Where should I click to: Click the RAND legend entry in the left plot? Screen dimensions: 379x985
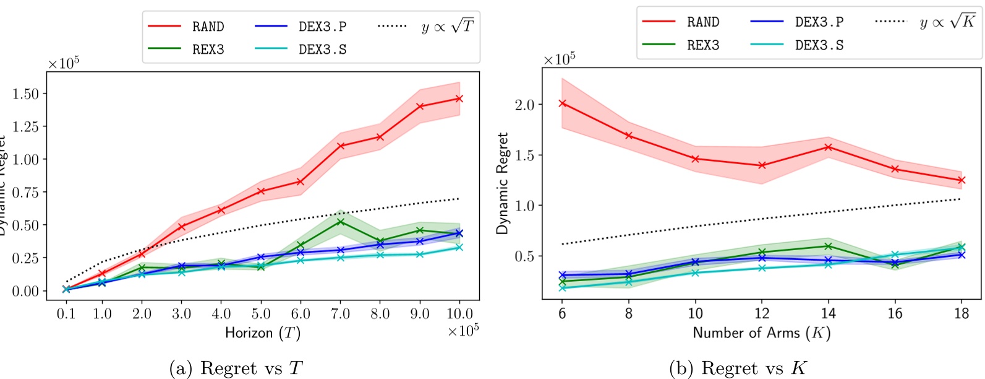[208, 27]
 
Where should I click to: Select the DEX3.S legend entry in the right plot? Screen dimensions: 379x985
[819, 45]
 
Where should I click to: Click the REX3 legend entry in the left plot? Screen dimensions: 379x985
[208, 50]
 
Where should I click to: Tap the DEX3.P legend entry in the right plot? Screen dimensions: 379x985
[819, 22]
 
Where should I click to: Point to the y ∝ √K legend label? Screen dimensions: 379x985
[947, 22]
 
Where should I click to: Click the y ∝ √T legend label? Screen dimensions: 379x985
[447, 27]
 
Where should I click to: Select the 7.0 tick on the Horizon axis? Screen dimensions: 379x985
[340, 314]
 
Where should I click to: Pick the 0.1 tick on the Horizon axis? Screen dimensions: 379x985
[66, 314]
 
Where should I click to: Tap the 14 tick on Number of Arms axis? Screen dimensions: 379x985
[828, 313]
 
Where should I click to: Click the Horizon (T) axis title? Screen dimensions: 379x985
[263, 333]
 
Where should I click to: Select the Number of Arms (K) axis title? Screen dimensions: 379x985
[761, 333]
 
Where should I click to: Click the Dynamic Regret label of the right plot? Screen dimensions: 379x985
[502, 183]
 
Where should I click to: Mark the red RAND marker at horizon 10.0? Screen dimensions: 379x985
[459, 98]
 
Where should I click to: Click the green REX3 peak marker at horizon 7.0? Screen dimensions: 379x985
[341, 222]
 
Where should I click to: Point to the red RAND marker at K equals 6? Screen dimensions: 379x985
[563, 103]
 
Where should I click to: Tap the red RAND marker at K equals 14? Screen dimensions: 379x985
[828, 147]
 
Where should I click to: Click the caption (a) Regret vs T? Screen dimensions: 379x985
[236, 368]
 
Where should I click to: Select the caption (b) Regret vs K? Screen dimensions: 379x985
[738, 368]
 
